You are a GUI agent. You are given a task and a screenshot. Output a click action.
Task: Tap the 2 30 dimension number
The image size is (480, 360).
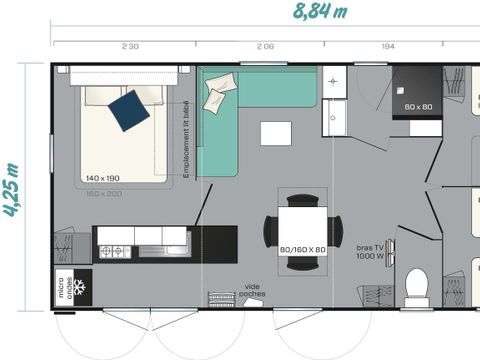[x=130, y=47]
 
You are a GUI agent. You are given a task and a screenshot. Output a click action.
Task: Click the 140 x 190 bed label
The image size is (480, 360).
[x=103, y=178]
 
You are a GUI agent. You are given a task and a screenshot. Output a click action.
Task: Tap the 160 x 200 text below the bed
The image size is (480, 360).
[x=103, y=192]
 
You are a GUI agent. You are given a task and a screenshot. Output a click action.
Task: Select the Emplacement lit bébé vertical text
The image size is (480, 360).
[x=187, y=140]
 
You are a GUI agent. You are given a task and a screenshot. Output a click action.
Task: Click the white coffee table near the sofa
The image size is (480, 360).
[x=276, y=133]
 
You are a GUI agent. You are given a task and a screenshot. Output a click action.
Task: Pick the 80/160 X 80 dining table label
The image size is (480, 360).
[x=302, y=249]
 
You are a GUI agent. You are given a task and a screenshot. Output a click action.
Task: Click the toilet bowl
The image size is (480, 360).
[x=416, y=286]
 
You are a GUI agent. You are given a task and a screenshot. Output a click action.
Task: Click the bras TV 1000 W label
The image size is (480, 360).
[x=372, y=251]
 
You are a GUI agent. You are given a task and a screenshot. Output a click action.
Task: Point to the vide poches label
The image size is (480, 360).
[x=252, y=291]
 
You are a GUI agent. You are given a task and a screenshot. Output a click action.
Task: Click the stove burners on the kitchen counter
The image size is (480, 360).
[x=114, y=250]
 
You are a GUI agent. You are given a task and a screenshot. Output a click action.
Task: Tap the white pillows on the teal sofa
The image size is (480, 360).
[x=216, y=95]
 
